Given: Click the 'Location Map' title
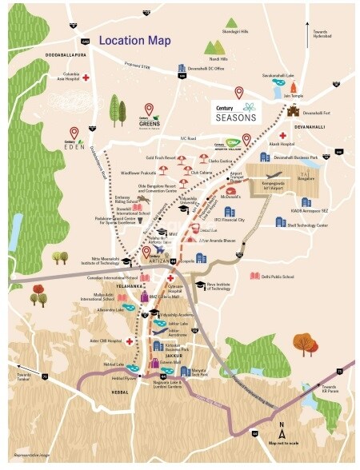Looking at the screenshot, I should click(x=135, y=39).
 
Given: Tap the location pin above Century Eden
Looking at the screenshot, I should click(x=74, y=131).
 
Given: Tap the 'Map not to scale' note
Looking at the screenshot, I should click(x=282, y=443).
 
